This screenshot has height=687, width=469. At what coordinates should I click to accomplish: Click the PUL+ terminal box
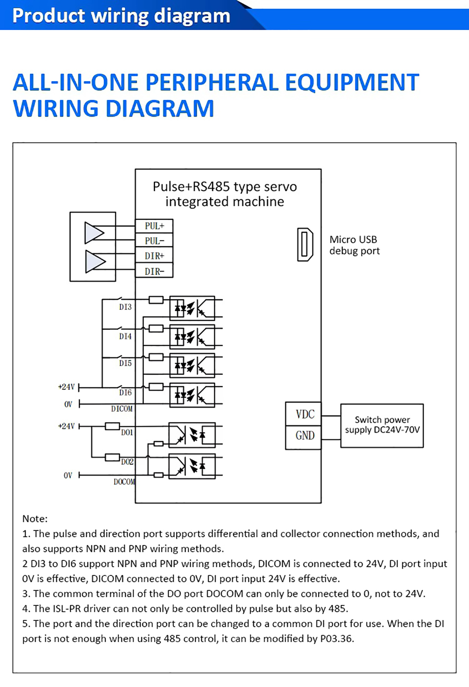pyautogui.click(x=154, y=226)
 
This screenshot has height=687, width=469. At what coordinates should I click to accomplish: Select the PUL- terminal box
pyautogui.click(x=154, y=241)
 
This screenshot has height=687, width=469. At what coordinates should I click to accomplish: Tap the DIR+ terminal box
pyautogui.click(x=154, y=256)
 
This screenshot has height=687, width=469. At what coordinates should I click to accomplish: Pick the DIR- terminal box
pyautogui.click(x=154, y=271)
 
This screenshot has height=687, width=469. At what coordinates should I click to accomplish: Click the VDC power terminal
pyautogui.click(x=304, y=414)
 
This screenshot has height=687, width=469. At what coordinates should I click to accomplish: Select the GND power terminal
pyautogui.click(x=304, y=436)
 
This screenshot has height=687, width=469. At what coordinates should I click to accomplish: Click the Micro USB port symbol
pyautogui.click(x=305, y=245)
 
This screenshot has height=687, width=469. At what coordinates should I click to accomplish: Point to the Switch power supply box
pyautogui.click(x=382, y=425)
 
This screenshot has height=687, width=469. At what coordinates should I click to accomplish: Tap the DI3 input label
pyautogui.click(x=125, y=307)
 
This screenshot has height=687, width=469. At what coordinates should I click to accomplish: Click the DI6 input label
pyautogui.click(x=125, y=393)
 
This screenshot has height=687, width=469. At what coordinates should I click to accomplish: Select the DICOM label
pyautogui.click(x=122, y=409)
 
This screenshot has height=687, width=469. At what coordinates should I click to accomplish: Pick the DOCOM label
pyautogui.click(x=124, y=482)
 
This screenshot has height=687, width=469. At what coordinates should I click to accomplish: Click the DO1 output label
pyautogui.click(x=127, y=432)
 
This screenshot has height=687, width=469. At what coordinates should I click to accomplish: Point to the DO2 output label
pyautogui.click(x=127, y=462)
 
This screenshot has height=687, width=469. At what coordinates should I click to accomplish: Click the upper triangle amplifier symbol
pyautogui.click(x=94, y=233)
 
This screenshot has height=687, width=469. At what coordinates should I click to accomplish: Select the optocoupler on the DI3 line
pyautogui.click(x=192, y=308)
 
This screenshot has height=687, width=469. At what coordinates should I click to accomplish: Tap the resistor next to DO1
pyautogui.click(x=112, y=426)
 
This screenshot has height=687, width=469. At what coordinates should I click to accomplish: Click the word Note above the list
pyautogui.click(x=34, y=519)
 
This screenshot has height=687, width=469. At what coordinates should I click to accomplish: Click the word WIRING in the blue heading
pyautogui.click(x=55, y=109)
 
